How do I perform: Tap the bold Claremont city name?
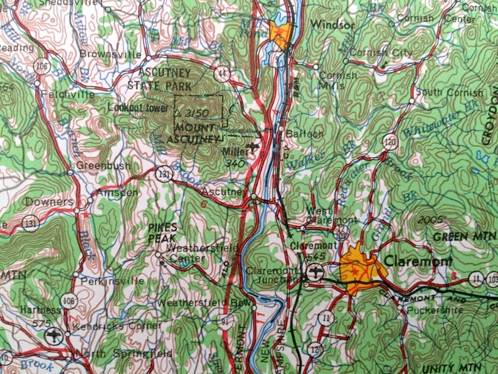pos(418,261)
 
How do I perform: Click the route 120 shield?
pos(391,142)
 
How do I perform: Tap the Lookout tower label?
pos(139,108)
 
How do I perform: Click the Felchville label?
pos(68,95)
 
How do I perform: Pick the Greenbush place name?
pos(103,166)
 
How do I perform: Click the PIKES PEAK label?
pos(163,232)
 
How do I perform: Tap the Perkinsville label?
pos(109,280)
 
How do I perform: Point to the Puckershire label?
pos(429,309)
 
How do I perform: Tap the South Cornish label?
pos(450,93)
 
